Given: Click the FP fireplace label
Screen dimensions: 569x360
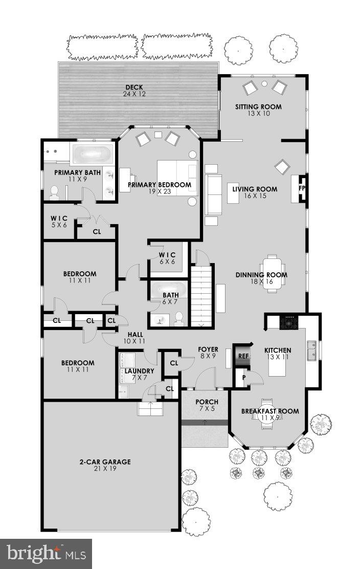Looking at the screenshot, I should pyautogui.click(x=301, y=187).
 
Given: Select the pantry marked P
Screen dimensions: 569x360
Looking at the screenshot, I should pyautogui.click(x=243, y=378).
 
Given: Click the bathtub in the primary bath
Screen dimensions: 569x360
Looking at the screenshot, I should pyautogui.click(x=92, y=153).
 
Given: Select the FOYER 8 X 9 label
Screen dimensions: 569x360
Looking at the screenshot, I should pyautogui.click(x=208, y=352).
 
